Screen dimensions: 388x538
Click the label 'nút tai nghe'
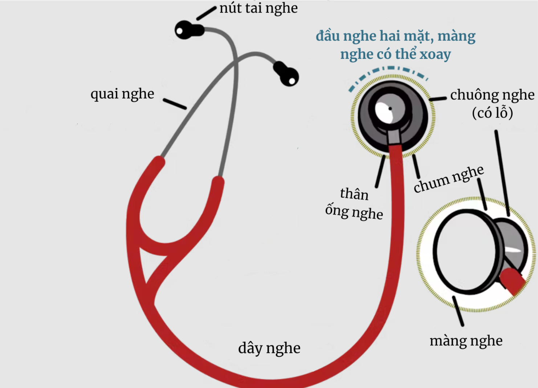[x=258, y=8]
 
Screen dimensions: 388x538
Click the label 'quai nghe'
[x=122, y=94]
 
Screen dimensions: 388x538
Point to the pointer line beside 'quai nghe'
[x=175, y=104]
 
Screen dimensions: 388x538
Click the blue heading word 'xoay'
[x=435, y=54]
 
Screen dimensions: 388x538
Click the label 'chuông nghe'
[x=492, y=95]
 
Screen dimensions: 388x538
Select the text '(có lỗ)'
[x=492, y=113]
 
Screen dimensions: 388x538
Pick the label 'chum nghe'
[x=449, y=179]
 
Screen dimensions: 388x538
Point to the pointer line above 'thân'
[x=380, y=171]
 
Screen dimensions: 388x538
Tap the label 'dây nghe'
[x=269, y=348]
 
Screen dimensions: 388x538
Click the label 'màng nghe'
[x=466, y=341]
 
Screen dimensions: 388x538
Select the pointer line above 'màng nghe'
[x=458, y=311]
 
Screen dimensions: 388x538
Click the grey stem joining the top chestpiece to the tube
[x=394, y=136]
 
